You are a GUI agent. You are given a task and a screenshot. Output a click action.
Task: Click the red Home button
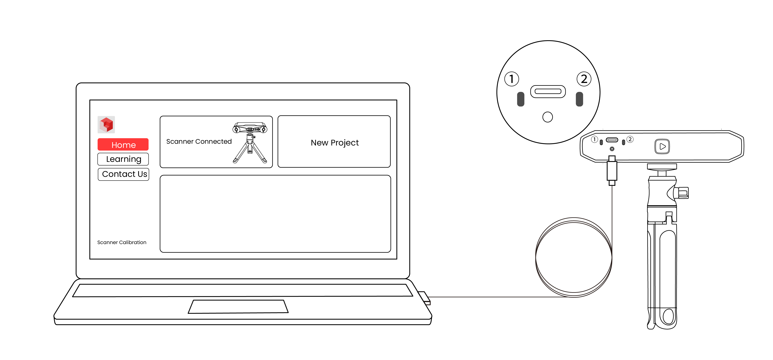pyautogui.click(x=123, y=145)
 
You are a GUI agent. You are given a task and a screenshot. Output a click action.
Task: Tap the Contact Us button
pyautogui.click(x=123, y=174)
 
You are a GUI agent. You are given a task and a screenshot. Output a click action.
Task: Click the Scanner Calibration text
pyautogui.click(x=122, y=242)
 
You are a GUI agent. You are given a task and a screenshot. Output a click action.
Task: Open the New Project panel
pyautogui.click(x=334, y=141)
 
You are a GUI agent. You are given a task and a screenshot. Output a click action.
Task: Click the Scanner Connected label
pyautogui.click(x=199, y=141)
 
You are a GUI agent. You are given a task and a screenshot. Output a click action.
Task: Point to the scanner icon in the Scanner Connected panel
pyautogui.click(x=250, y=142)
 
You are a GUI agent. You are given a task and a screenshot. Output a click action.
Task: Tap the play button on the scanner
pyautogui.click(x=662, y=146)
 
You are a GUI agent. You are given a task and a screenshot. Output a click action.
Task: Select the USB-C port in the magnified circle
pyautogui.click(x=548, y=91)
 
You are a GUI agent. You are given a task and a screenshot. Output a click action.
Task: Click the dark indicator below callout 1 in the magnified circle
pyautogui.click(x=521, y=99)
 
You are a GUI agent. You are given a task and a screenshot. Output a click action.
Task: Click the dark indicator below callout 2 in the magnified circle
pyautogui.click(x=579, y=99)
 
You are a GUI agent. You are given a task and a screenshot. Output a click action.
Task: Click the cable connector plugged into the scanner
pyautogui.click(x=612, y=171)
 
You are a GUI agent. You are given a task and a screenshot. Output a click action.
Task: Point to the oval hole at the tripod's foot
pyautogui.click(x=668, y=316)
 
